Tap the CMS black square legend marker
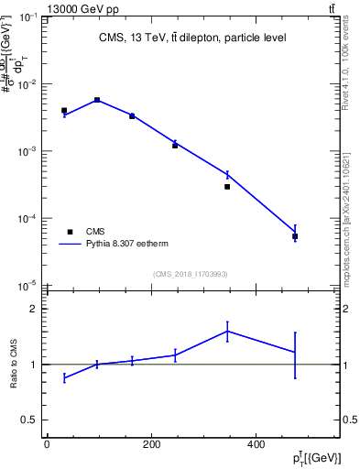(x=70, y=232)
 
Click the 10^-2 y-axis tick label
(x=27, y=84)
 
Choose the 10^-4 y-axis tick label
(x=27, y=219)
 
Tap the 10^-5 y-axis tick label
(x=27, y=286)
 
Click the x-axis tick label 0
(x=47, y=445)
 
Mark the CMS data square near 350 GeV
(x=227, y=186)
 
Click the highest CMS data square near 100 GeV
(x=97, y=100)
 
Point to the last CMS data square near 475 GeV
(x=295, y=236)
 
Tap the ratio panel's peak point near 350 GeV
(x=227, y=331)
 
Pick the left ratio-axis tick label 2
(x=33, y=309)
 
